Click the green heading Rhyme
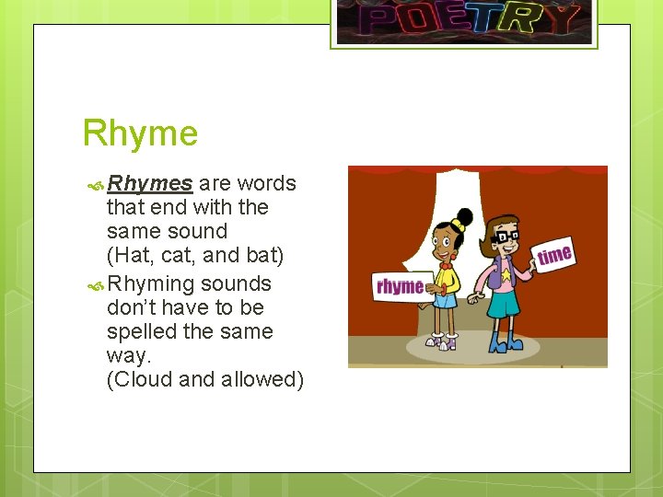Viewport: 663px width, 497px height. click(x=140, y=133)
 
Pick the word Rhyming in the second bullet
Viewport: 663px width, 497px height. click(x=151, y=283)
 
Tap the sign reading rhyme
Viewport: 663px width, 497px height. click(x=400, y=287)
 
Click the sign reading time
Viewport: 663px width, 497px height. click(x=554, y=255)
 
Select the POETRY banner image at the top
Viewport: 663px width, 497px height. click(x=464, y=20)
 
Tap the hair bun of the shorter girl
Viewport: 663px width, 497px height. click(x=463, y=218)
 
